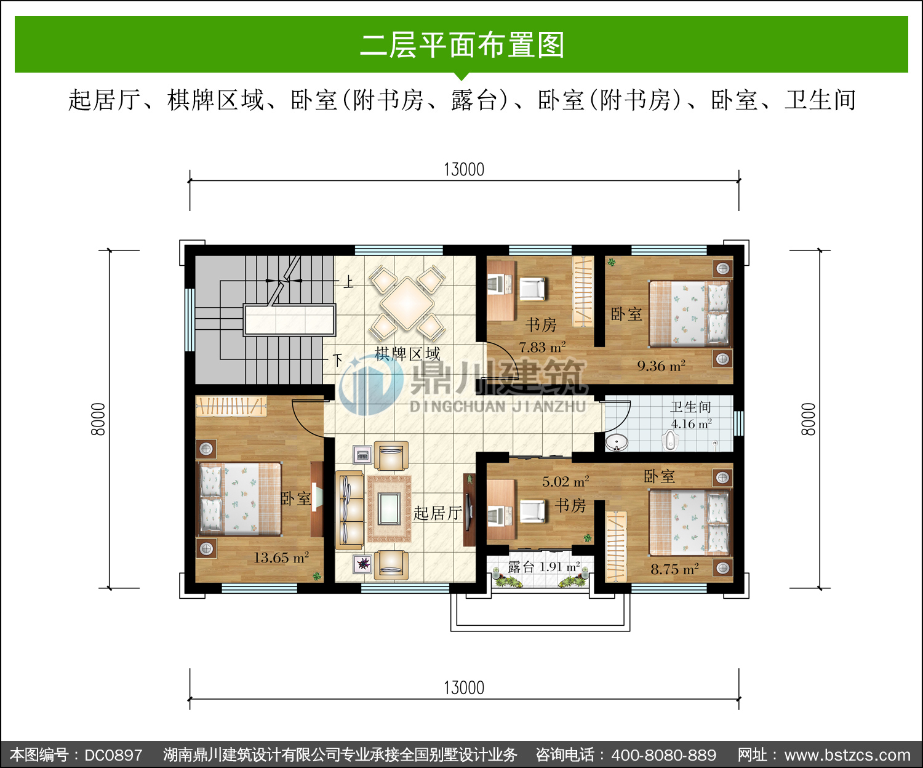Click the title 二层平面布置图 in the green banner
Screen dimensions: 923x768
coord(462,45)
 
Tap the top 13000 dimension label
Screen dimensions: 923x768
coord(464,170)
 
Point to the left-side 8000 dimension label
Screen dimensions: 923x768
coord(98,419)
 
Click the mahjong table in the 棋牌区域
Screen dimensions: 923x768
coord(407,304)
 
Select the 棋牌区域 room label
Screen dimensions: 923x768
coord(407,354)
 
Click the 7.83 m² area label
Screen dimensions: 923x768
coord(542,347)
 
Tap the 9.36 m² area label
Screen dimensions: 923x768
coord(661,366)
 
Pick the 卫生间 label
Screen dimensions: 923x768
coord(691,407)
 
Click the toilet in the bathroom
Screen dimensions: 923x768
coord(671,441)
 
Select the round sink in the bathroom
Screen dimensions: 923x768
coord(616,442)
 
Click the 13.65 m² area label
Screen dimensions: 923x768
coord(281,558)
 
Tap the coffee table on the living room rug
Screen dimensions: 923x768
coord(388,509)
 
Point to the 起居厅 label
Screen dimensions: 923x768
coord(438,513)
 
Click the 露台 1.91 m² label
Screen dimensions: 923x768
coord(544,567)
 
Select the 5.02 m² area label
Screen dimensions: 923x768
coord(566,481)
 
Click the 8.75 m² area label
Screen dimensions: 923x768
coord(674,569)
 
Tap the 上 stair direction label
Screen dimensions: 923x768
coord(349,282)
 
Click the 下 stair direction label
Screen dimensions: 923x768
coord(338,359)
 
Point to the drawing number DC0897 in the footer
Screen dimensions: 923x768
coord(114,755)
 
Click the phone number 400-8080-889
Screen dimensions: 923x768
coord(663,755)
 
